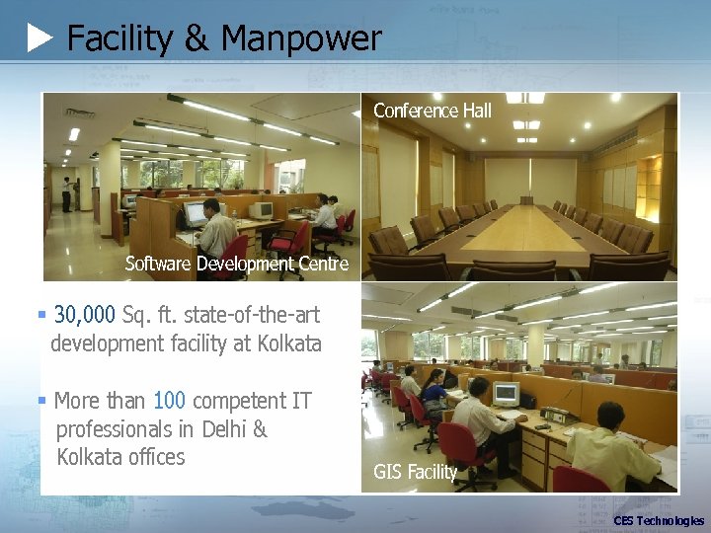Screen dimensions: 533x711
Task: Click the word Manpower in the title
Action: pos(301,38)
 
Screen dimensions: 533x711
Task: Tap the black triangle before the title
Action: pos(39,38)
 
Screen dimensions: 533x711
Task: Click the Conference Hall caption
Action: pos(432,111)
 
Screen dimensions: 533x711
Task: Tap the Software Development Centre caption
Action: pos(236,264)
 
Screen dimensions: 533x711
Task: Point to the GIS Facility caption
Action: pos(415,472)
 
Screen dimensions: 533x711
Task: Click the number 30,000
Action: pos(85,315)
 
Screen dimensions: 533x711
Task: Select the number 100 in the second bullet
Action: pos(169,401)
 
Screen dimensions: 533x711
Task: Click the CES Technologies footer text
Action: pos(659,521)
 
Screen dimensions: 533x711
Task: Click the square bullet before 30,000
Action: pos(41,315)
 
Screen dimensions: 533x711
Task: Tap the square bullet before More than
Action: pos(41,401)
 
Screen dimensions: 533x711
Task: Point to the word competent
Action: pos(238,401)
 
